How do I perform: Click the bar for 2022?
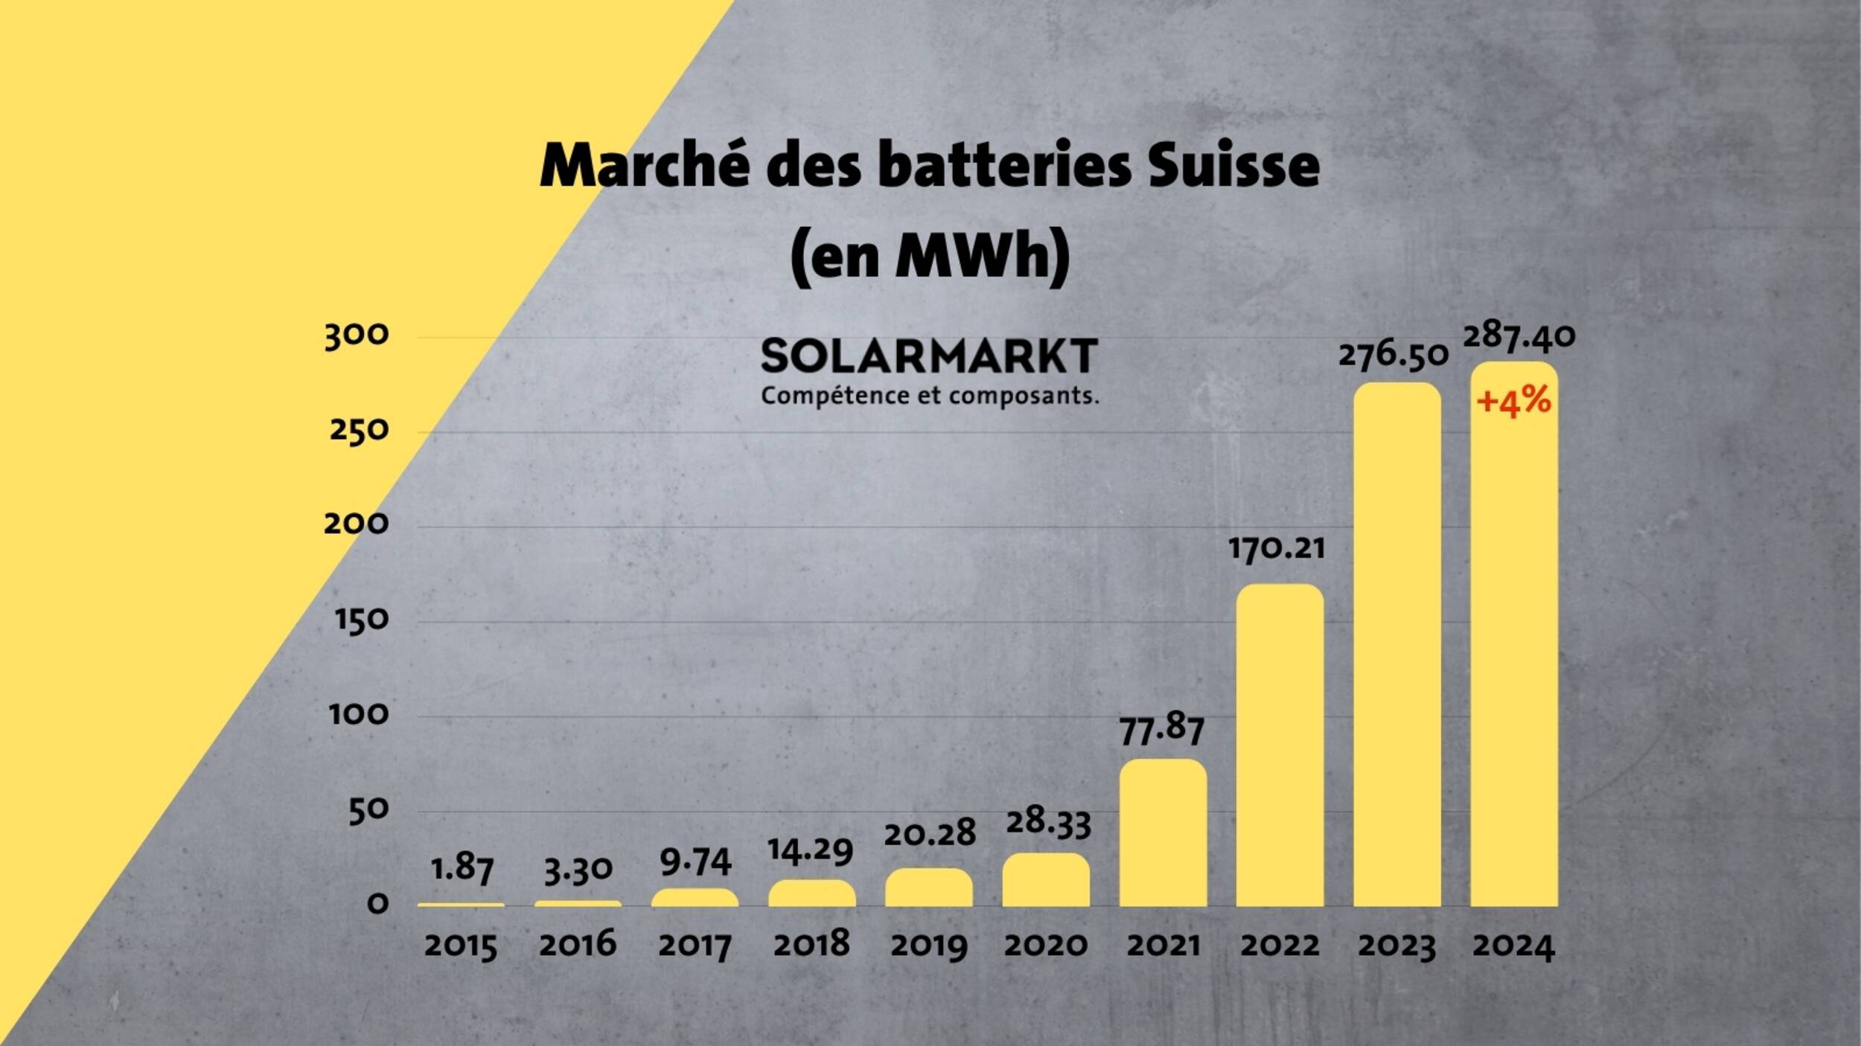[x=1280, y=744]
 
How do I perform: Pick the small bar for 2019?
[x=928, y=887]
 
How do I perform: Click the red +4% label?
[x=1514, y=402]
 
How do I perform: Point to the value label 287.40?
[x=1519, y=336]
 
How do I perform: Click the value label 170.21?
[x=1277, y=549]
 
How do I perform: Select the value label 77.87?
[x=1162, y=729]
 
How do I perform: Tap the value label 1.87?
[x=462, y=868]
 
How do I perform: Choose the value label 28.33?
[x=1048, y=823]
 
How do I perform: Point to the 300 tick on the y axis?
[x=357, y=336]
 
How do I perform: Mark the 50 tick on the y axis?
[x=368, y=810]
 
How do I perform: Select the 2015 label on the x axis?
[x=461, y=946]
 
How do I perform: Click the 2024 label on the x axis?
[x=1514, y=946]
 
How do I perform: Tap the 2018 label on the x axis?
[x=811, y=945]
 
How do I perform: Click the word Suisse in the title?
[x=1233, y=165]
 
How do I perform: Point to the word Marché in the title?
[x=645, y=165]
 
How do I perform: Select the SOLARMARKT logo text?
[x=929, y=356]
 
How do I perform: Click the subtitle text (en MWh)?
[x=930, y=257]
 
